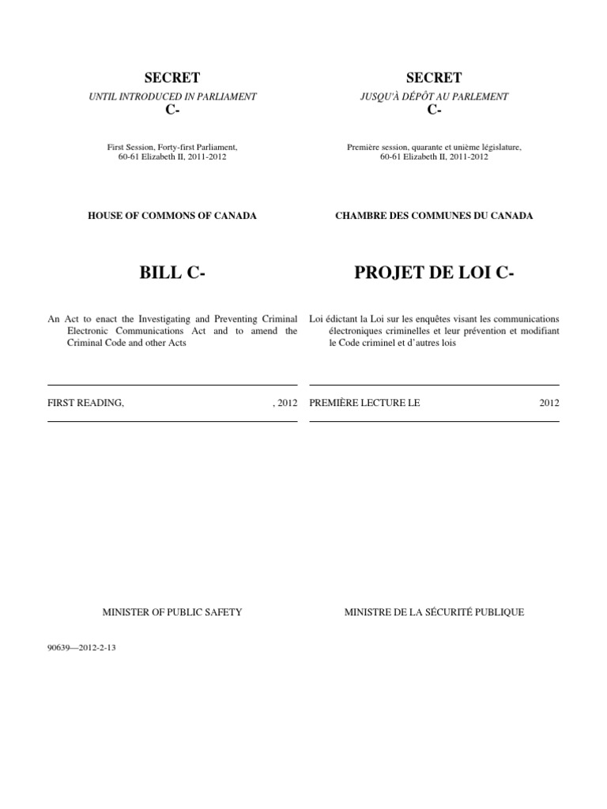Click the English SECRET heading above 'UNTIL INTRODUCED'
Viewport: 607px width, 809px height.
pos(172,77)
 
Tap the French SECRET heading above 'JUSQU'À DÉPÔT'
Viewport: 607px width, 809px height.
pos(434,77)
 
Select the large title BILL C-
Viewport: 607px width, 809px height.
pos(172,273)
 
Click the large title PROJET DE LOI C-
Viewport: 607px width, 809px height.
pos(434,273)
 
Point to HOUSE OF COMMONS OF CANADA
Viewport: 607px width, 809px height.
pos(172,216)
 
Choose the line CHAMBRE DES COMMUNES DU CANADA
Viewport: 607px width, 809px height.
pos(434,216)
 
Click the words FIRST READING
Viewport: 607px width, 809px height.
pos(86,402)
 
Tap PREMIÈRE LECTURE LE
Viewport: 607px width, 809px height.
pos(364,402)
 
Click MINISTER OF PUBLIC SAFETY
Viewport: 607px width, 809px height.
pos(172,611)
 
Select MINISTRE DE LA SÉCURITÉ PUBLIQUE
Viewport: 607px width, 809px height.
pos(434,611)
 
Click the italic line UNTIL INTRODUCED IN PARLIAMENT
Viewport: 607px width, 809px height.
pos(172,96)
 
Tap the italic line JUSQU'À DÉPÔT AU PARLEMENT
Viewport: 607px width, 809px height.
pos(434,96)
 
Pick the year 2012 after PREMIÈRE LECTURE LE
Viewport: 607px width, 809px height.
pos(549,402)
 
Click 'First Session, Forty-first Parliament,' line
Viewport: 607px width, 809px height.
pos(172,146)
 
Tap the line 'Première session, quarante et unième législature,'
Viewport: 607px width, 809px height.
pos(434,146)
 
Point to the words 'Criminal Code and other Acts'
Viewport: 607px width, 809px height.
pos(123,344)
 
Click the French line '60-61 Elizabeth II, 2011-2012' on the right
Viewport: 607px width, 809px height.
pos(434,156)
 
